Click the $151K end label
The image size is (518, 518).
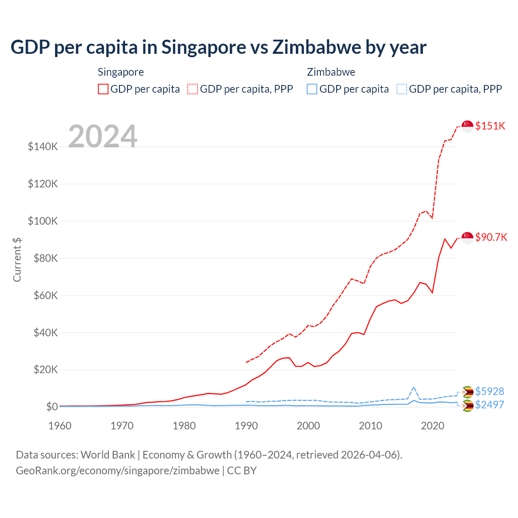tap(490, 126)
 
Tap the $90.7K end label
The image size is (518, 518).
tap(491, 237)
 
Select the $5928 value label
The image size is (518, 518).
tap(489, 391)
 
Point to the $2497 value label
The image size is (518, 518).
tap(489, 405)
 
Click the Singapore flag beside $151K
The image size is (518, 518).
tap(467, 126)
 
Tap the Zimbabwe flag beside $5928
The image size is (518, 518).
tap(468, 392)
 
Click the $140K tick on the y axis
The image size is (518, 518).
tap(43, 146)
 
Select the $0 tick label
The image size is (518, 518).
tap(52, 407)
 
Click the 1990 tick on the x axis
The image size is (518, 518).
tap(246, 426)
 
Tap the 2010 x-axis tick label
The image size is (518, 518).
tap(370, 426)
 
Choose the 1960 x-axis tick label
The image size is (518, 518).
tap(60, 426)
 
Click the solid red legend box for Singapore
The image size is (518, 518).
tap(103, 89)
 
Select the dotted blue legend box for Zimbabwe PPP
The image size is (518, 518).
tap(402, 89)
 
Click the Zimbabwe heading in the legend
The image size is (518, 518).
tap(331, 72)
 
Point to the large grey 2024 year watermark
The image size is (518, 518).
tap(103, 136)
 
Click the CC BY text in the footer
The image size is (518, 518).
tap(242, 471)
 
